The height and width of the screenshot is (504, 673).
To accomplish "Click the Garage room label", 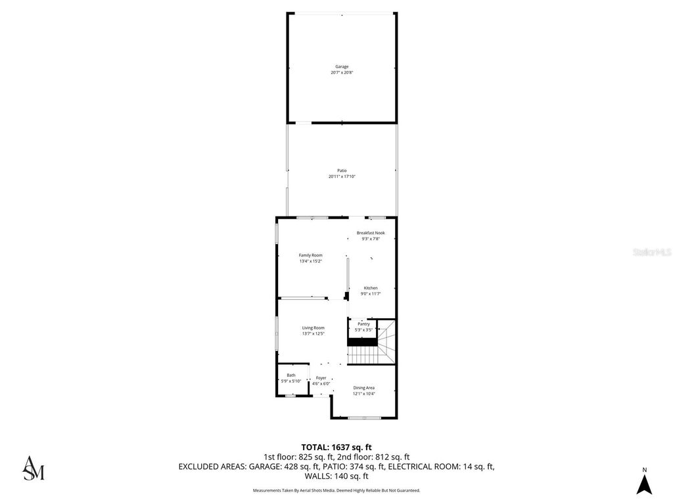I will tap(342, 66).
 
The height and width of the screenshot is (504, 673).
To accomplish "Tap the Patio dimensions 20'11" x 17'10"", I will tap(342, 177).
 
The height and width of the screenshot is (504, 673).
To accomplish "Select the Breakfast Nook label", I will tap(371, 233).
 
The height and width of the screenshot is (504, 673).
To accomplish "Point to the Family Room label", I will tap(310, 255).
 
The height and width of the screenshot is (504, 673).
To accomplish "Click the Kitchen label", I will tap(371, 288).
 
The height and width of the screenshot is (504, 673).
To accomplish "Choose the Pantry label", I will tap(363, 324).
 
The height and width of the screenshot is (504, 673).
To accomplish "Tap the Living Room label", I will tap(313, 328).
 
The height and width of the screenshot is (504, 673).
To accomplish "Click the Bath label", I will tap(290, 375).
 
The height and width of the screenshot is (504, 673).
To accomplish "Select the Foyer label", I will tap(321, 378).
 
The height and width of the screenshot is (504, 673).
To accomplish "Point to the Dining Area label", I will tap(363, 388).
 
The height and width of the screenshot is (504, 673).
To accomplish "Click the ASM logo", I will tap(34, 467).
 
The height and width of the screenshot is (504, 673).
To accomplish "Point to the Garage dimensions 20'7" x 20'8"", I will tap(342, 72).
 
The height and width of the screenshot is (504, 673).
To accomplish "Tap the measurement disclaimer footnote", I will tap(336, 490).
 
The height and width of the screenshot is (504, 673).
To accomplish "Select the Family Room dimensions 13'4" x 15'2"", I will tap(310, 261).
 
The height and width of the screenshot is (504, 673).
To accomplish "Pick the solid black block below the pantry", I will tap(362, 341).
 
